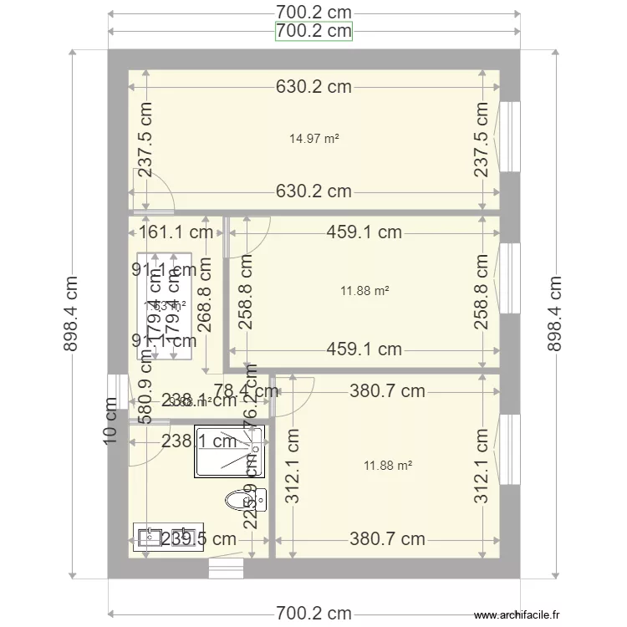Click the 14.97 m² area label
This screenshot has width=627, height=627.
313,140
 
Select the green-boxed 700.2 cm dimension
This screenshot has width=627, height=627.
313,32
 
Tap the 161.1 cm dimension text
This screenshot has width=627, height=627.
176,232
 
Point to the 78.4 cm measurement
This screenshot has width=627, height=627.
246,390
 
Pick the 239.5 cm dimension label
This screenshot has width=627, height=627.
198,539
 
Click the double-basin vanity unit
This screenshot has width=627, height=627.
168,536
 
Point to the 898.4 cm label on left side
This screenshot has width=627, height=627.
73,313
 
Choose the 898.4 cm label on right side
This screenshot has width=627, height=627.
554,313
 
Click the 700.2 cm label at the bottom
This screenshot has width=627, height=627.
313,614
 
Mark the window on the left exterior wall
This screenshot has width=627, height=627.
112,393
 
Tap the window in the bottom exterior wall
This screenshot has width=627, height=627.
226,568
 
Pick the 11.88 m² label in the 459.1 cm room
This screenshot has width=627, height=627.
364,291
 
